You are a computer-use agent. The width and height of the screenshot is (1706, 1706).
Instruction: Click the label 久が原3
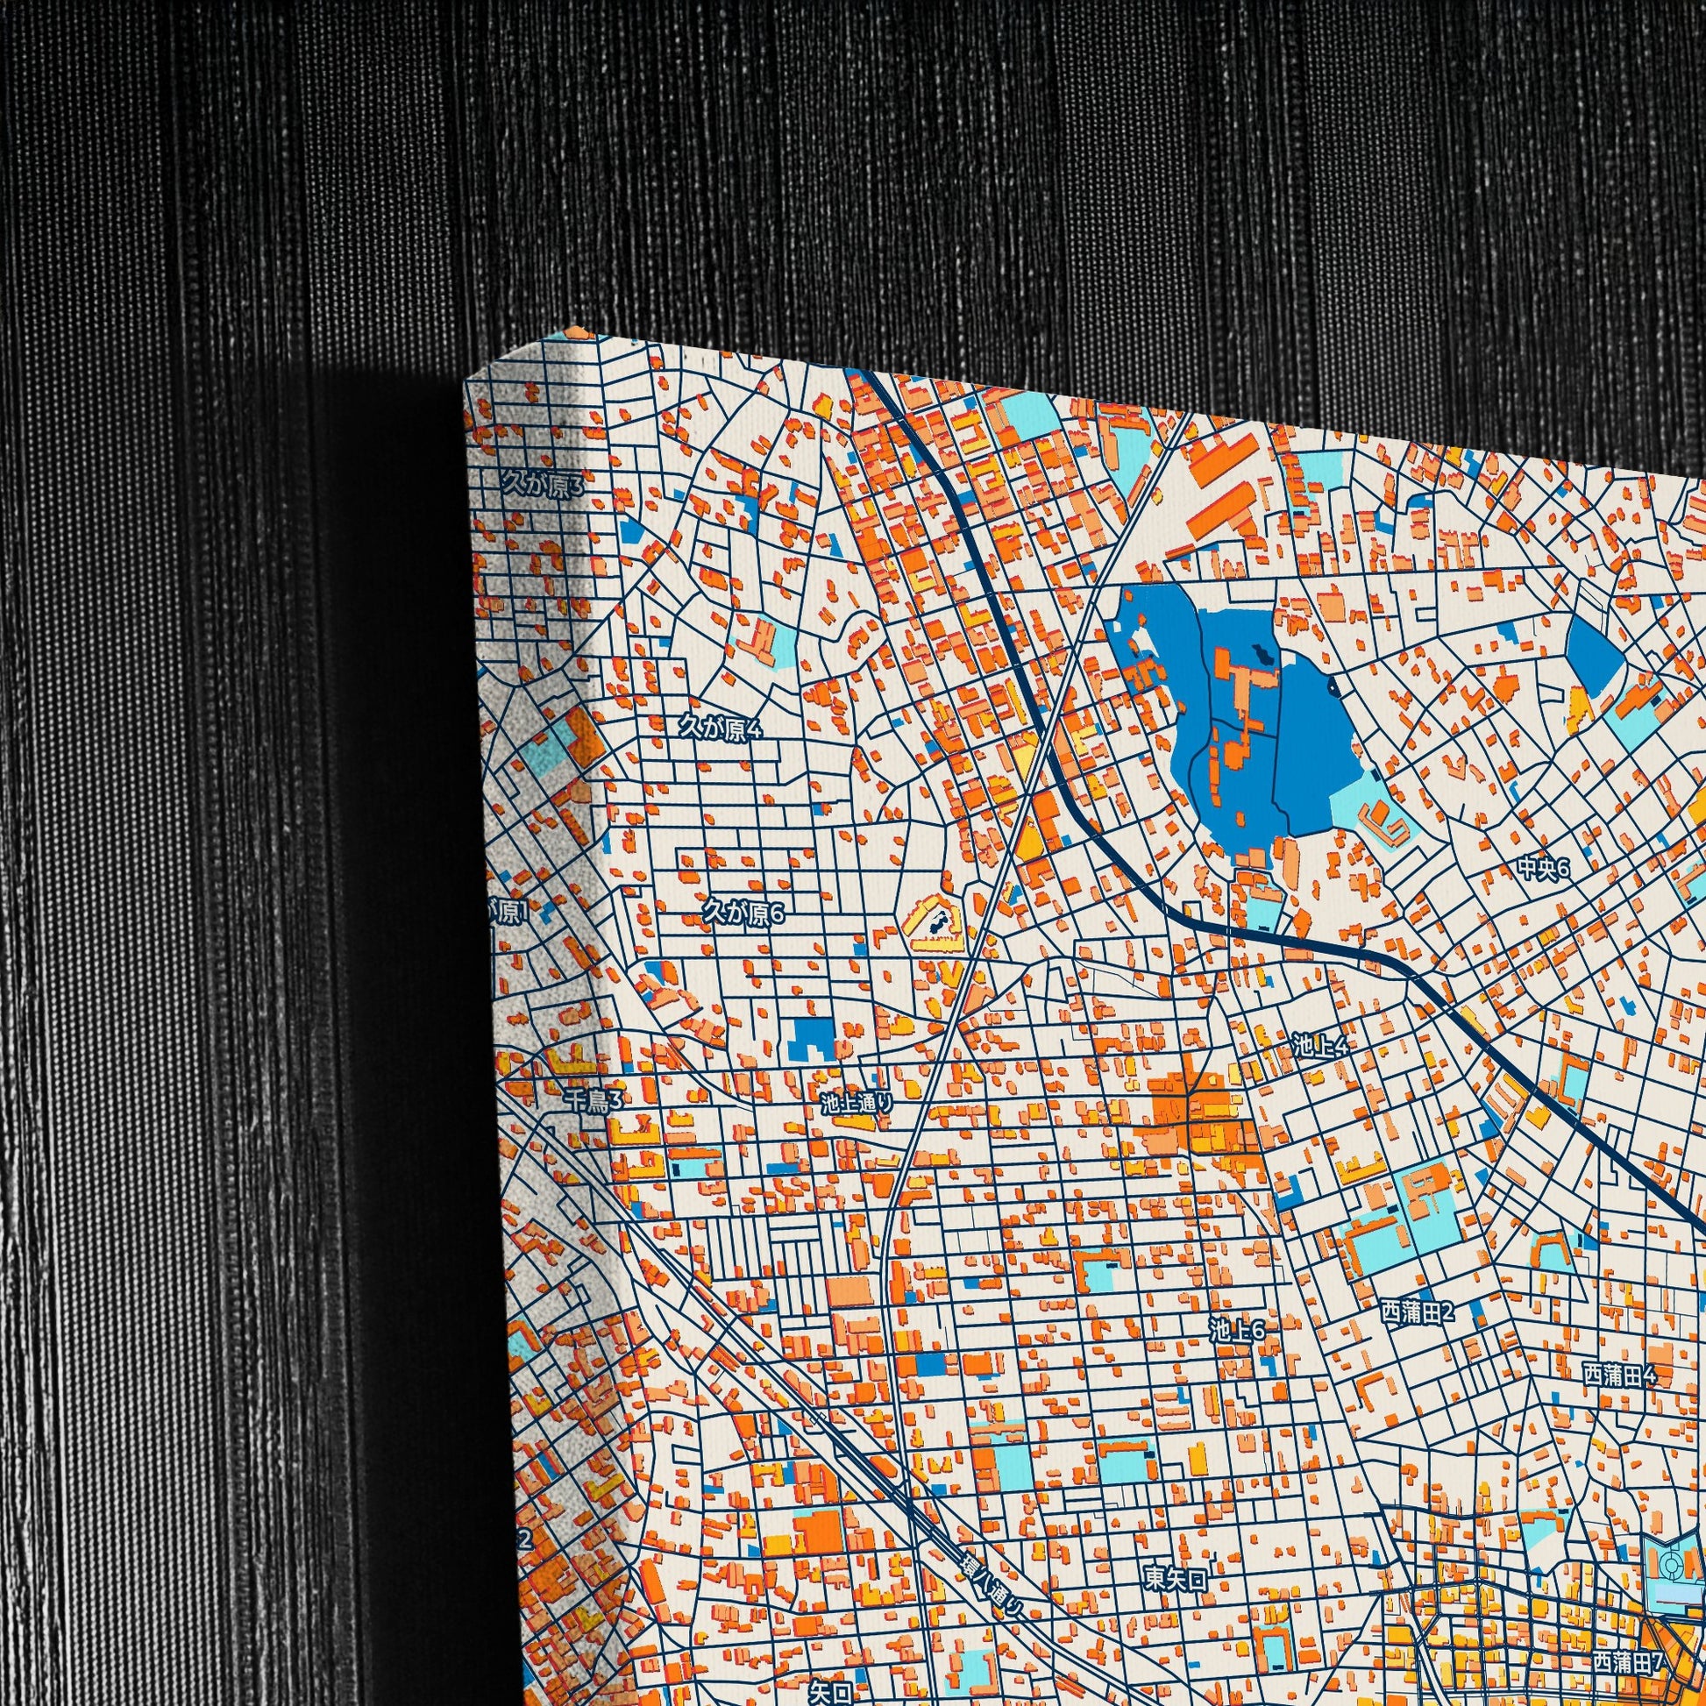(542, 484)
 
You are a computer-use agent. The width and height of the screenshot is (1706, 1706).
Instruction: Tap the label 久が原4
(718, 729)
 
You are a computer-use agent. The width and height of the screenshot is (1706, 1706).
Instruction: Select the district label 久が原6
(743, 913)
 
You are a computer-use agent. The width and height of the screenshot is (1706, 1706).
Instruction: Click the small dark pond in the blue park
(1262, 654)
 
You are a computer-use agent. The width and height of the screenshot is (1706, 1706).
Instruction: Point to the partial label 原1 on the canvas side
(508, 915)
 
